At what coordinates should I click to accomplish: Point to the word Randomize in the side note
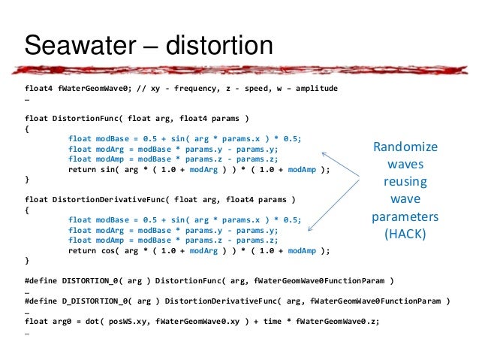point(405,147)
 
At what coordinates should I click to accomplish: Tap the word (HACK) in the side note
point(405,233)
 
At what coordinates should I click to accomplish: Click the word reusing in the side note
point(405,181)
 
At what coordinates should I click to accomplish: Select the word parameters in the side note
point(405,216)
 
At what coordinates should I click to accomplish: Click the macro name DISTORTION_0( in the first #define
point(95,280)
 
